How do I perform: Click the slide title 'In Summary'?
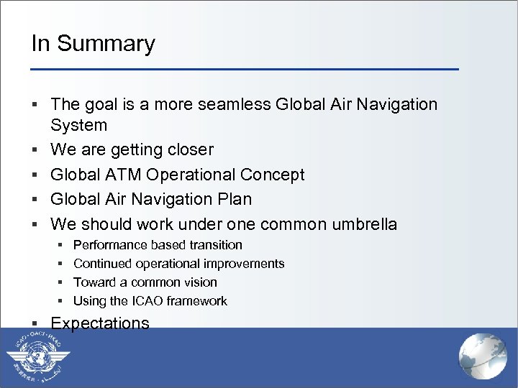[x=93, y=44]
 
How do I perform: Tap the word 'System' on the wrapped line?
[x=78, y=126]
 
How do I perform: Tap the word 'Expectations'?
[x=100, y=323]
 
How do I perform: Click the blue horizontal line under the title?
[x=245, y=69]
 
